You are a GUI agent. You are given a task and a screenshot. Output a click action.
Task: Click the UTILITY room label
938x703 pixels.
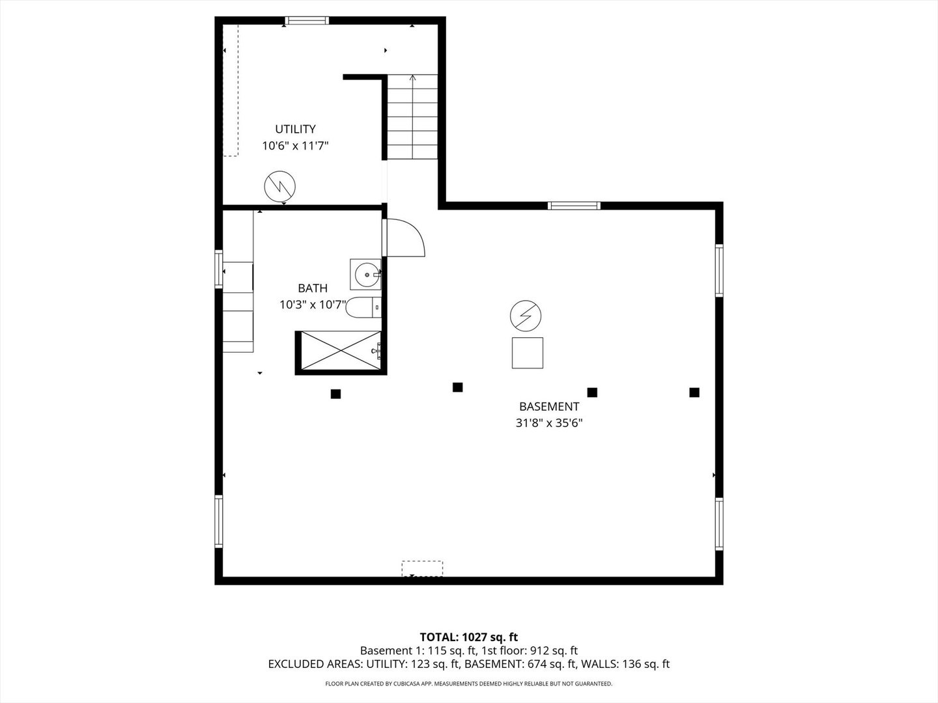click(295, 129)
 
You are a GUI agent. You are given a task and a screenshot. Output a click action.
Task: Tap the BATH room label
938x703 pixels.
click(313, 288)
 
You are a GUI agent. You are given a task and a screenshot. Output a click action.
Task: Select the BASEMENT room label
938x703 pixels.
click(549, 406)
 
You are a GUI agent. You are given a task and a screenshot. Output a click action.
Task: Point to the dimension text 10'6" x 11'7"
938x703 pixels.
click(295, 146)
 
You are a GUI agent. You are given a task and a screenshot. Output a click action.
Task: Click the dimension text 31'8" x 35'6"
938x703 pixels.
click(549, 422)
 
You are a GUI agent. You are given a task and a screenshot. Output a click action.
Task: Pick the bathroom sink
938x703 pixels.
click(366, 274)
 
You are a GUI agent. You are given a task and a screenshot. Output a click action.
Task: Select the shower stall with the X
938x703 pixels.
click(339, 352)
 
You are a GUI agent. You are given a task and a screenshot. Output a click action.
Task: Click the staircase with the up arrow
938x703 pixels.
click(412, 117)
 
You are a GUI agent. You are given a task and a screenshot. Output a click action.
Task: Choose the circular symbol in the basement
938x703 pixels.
click(526, 316)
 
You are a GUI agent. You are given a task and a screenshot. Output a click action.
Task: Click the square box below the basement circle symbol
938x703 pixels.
click(527, 353)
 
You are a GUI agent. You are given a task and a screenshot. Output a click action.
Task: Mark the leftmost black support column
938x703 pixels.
click(335, 393)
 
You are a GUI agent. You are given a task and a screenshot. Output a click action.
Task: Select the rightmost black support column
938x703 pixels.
click(694, 392)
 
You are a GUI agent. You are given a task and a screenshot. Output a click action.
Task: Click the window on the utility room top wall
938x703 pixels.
click(307, 21)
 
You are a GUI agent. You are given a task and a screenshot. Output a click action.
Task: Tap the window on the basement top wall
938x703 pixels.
click(574, 206)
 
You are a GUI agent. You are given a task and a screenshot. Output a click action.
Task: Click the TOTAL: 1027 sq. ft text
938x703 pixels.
click(469, 637)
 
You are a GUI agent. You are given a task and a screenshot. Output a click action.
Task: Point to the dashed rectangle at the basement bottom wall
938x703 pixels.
click(422, 568)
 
